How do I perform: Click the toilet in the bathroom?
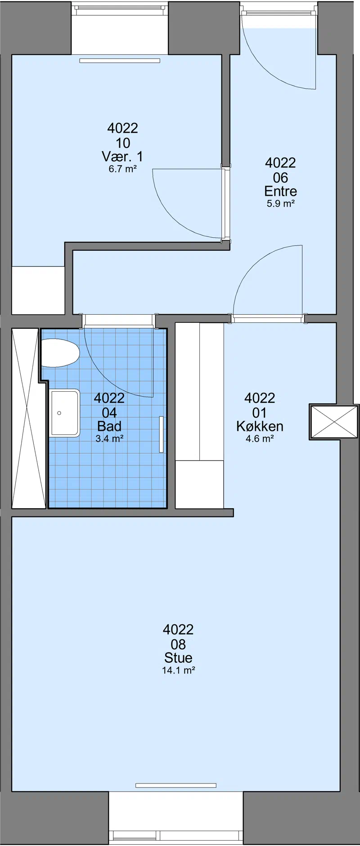60,353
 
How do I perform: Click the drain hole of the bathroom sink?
59,413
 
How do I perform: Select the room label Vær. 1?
122,157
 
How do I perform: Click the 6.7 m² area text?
122,169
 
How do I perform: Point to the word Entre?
280,191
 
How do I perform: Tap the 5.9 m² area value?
280,204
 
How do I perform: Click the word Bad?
109,426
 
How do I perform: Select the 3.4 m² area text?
109,439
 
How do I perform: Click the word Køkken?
260,426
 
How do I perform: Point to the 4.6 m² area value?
260,439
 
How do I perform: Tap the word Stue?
178,657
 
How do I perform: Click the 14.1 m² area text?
178,670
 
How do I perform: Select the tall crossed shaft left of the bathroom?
25,418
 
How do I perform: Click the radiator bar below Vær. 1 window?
120,60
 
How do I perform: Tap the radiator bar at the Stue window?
175,786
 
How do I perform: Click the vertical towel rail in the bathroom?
161,434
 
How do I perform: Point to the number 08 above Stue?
178,644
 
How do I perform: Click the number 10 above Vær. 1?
123,143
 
